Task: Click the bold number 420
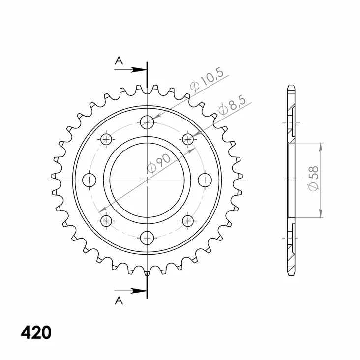pyautogui.click(x=36, y=333)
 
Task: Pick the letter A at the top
pyautogui.click(x=119, y=60)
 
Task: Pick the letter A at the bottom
pyautogui.click(x=119, y=301)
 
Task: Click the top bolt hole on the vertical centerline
pyautogui.click(x=147, y=121)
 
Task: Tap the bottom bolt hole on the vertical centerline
pyautogui.click(x=147, y=239)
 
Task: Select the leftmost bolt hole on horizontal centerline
pyautogui.click(x=89, y=180)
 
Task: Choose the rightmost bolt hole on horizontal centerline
pyautogui.click(x=205, y=180)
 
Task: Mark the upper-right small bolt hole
pyautogui.click(x=188, y=139)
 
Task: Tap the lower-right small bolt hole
pyautogui.click(x=188, y=220)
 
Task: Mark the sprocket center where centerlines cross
pyautogui.click(x=147, y=180)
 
